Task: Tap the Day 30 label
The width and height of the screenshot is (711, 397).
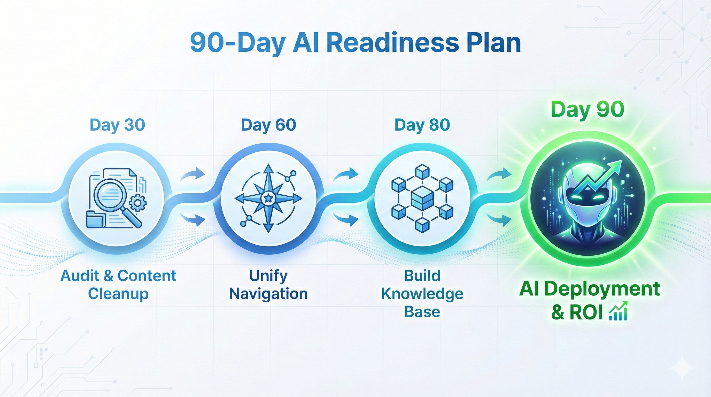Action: [117, 125]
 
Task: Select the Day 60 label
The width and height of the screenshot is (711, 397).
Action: [268, 125]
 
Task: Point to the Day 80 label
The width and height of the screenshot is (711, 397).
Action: [422, 125]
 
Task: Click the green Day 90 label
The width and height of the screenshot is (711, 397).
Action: [587, 109]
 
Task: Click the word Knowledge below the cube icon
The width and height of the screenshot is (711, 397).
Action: [422, 294]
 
